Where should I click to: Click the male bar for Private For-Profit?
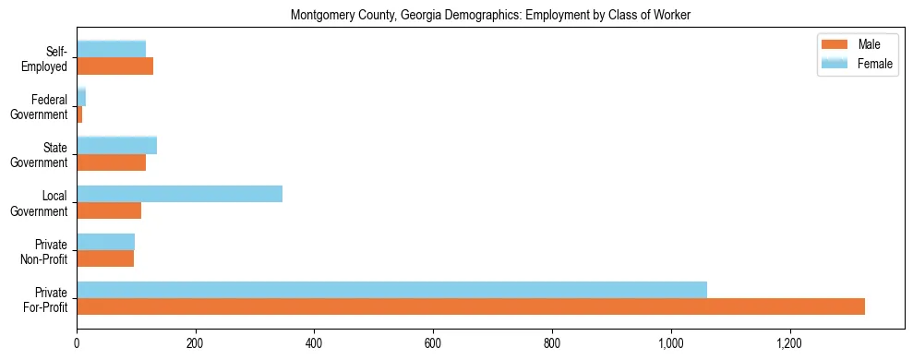(x=471, y=306)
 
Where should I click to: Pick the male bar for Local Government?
(x=109, y=210)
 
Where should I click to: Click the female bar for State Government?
(x=116, y=145)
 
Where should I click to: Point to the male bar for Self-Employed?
(x=114, y=66)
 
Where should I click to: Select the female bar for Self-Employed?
(x=111, y=49)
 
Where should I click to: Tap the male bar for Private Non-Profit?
(x=105, y=258)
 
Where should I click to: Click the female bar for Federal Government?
(x=81, y=97)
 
